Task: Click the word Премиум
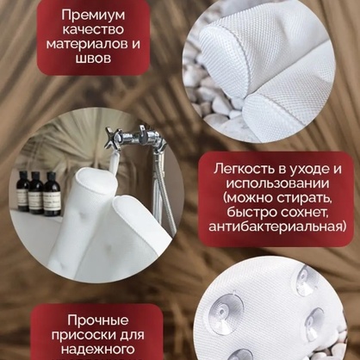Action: pyautogui.click(x=93, y=16)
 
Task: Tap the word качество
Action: pyautogui.click(x=93, y=30)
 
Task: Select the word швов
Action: pyautogui.click(x=93, y=59)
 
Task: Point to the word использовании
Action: pyautogui.click(x=277, y=183)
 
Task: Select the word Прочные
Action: pyautogui.click(x=98, y=320)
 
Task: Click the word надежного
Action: pyautogui.click(x=98, y=350)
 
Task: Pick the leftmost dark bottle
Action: pyautogui.click(x=23, y=191)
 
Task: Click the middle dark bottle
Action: pyautogui.click(x=36, y=193)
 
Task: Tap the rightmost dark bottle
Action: pyautogui.click(x=52, y=194)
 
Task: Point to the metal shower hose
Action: pyautogui.click(x=164, y=186)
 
